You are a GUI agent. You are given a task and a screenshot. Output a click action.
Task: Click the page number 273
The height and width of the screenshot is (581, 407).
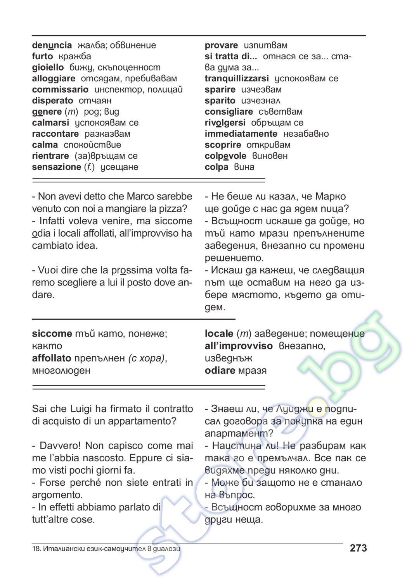pyautogui.click(x=358, y=548)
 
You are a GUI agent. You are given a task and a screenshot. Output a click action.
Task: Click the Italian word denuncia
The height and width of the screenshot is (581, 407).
pyautogui.click(x=52, y=45)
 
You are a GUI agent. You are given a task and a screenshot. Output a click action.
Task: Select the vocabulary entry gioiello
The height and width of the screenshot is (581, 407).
pyautogui.click(x=48, y=67)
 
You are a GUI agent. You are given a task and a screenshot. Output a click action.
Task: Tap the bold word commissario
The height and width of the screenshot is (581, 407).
pyautogui.click(x=60, y=89)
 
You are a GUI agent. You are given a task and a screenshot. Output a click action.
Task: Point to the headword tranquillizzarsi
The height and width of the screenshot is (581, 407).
pyautogui.click(x=237, y=79)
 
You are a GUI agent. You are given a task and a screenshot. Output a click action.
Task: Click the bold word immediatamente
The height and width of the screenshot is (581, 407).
pyautogui.click(x=241, y=134)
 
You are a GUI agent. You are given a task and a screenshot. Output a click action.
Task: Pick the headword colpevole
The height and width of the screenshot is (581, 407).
pyautogui.click(x=225, y=156)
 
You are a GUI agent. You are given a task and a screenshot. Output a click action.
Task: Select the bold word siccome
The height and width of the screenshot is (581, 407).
pyautogui.click(x=52, y=333)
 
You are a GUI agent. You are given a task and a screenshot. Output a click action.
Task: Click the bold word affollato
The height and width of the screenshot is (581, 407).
pyautogui.click(x=52, y=358)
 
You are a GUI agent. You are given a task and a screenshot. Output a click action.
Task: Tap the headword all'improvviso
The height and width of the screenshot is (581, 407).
pyautogui.click(x=239, y=346)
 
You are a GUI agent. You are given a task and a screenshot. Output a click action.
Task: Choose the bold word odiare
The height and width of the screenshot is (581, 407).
pyautogui.click(x=220, y=371)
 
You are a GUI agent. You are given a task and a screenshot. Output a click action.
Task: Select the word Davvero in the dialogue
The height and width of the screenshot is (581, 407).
pyautogui.click(x=59, y=446)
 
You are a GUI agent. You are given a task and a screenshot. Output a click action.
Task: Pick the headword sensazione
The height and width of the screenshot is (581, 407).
pyautogui.click(x=57, y=167)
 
